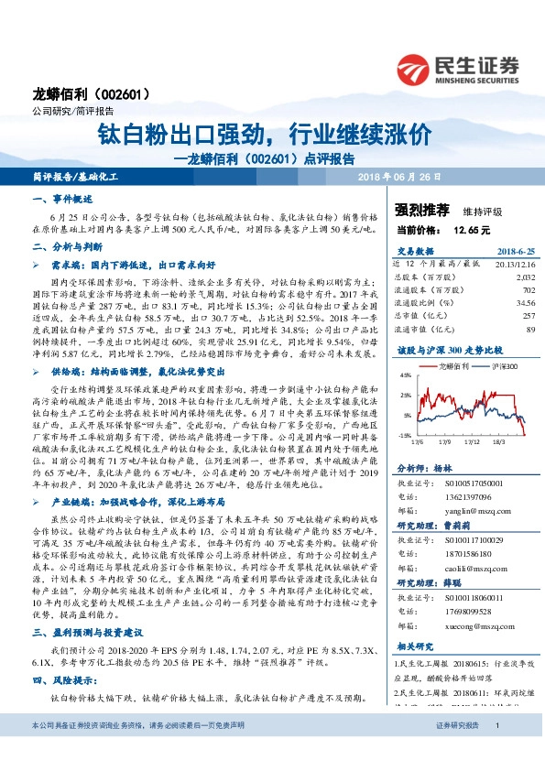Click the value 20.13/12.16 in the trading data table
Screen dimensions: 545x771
pos(515,263)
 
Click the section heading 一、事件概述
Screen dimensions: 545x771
pos(62,199)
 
